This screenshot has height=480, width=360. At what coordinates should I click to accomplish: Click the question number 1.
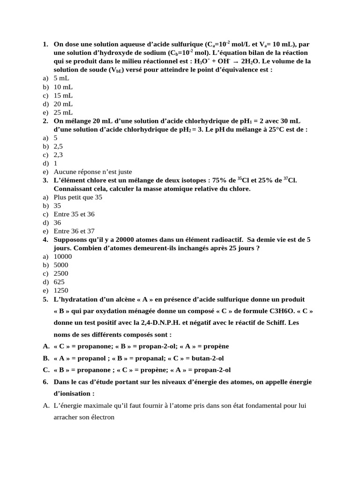(45, 44)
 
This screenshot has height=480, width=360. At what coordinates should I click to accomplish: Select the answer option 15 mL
(63, 96)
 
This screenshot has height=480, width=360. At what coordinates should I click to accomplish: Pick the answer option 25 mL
(63, 112)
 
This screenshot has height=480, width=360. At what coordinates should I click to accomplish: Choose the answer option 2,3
(58, 155)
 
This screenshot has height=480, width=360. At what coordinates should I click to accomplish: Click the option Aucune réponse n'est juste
(93, 172)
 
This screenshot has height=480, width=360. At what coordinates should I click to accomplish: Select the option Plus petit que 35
(78, 197)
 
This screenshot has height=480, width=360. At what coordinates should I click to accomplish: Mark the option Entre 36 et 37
(74, 231)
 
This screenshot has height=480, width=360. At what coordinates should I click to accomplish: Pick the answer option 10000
(63, 256)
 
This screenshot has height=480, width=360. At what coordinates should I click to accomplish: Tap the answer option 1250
(61, 290)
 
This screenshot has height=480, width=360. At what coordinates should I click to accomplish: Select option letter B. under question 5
(46, 358)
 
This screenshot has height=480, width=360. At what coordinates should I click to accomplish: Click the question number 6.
(45, 382)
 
